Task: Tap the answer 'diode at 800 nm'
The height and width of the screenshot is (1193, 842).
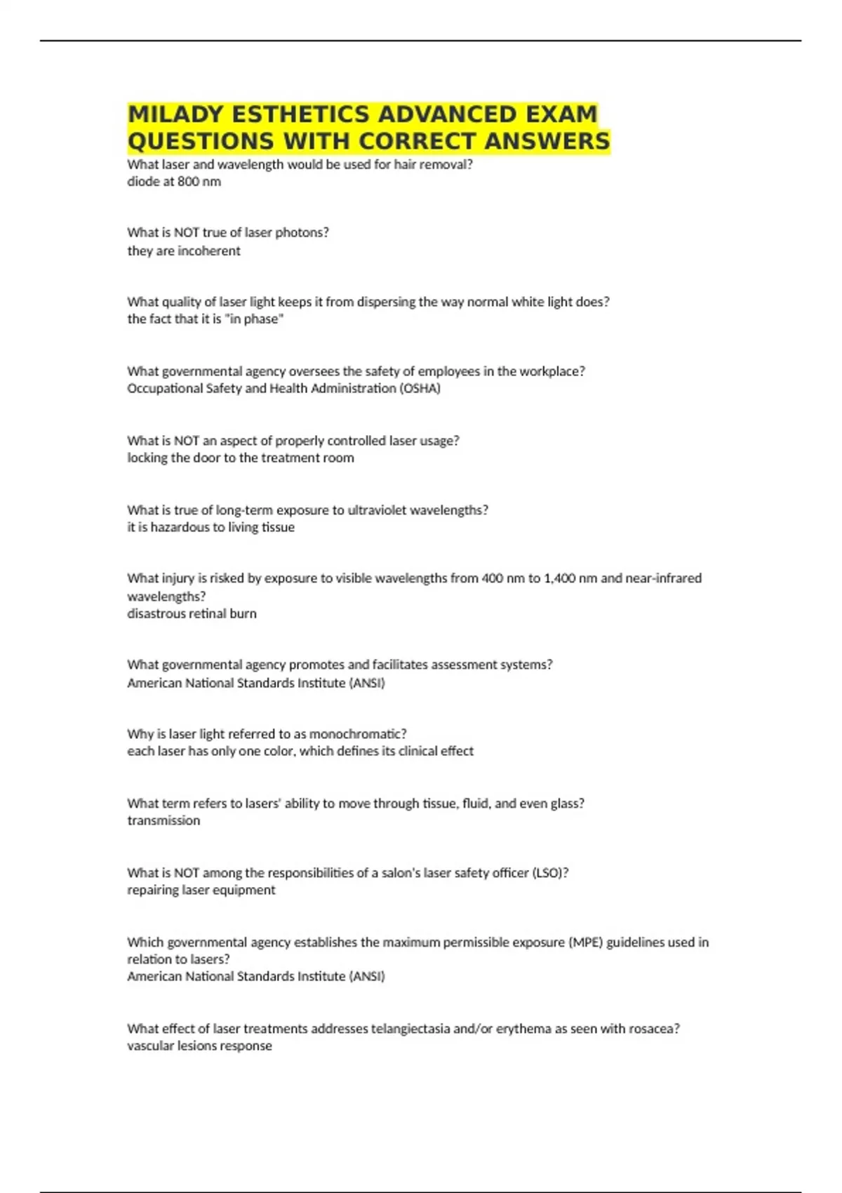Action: pos(174,182)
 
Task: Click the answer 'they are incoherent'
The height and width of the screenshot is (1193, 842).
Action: pos(184,251)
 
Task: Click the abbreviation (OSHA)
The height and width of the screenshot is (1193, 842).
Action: pos(420,388)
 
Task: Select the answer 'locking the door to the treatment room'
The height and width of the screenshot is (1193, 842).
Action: pos(241,458)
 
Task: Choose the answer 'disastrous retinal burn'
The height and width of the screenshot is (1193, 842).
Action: pos(192,613)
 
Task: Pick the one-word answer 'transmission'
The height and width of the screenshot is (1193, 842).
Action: pos(163,820)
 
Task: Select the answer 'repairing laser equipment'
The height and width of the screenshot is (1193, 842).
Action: pos(201,890)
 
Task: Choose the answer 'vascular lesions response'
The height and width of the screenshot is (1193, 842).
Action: pos(199,1046)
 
